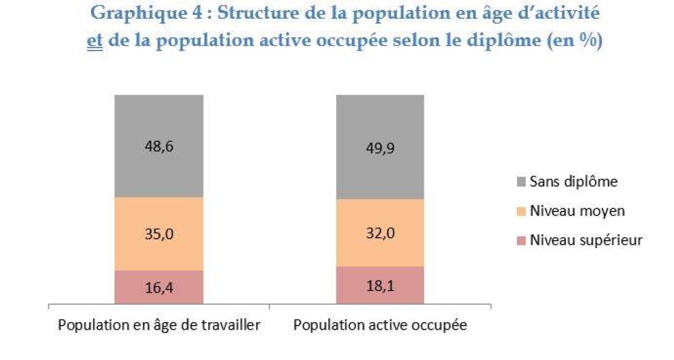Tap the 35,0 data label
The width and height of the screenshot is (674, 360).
[x=158, y=234]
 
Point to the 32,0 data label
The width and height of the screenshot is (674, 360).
[x=380, y=233]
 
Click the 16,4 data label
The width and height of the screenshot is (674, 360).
[x=158, y=288]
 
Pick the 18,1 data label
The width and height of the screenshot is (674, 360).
[x=380, y=286]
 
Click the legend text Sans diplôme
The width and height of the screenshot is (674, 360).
[x=574, y=181]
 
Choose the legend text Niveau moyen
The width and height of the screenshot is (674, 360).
[x=577, y=211]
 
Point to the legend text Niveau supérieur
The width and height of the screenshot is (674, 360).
[x=586, y=240]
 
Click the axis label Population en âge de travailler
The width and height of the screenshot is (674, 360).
[x=159, y=325]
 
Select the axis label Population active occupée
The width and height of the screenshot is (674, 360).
[x=380, y=325]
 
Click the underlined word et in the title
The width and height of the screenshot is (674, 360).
[x=94, y=40]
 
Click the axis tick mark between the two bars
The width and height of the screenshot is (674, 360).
[x=270, y=307]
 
